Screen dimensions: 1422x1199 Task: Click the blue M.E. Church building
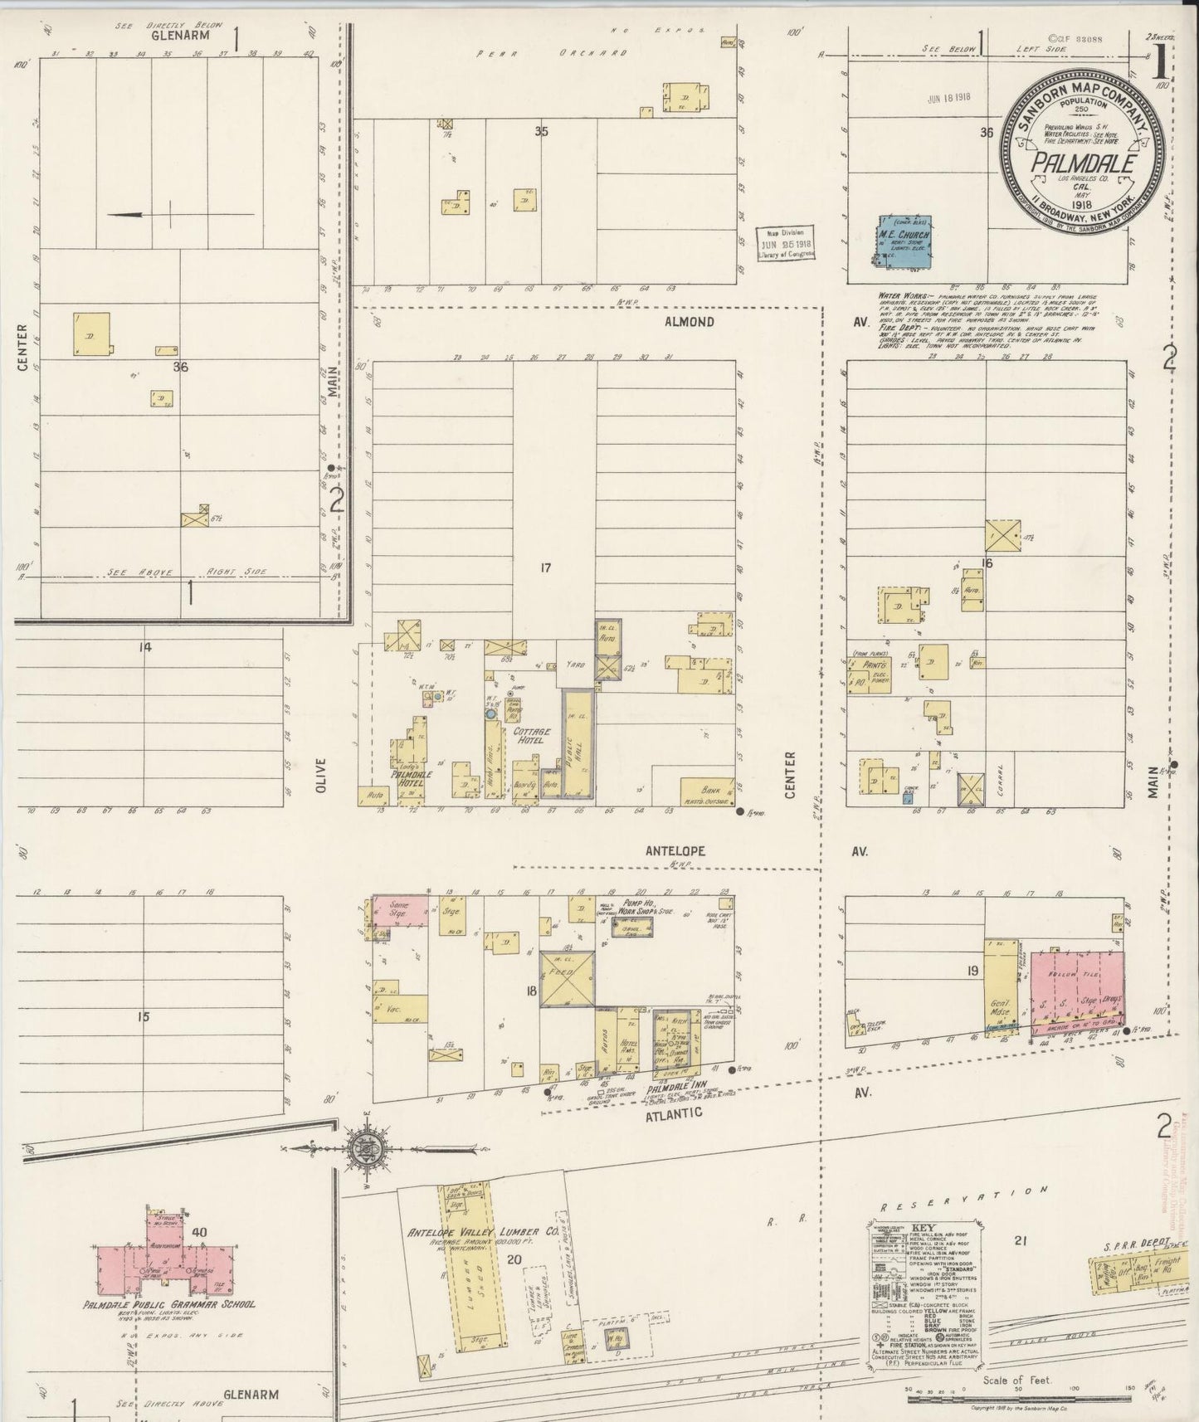(904, 241)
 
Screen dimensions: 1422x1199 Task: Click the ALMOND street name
(689, 322)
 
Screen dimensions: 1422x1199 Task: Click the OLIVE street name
(322, 775)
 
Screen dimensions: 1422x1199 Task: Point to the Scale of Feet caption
(1016, 1381)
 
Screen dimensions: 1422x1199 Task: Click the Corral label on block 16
(1001, 781)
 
